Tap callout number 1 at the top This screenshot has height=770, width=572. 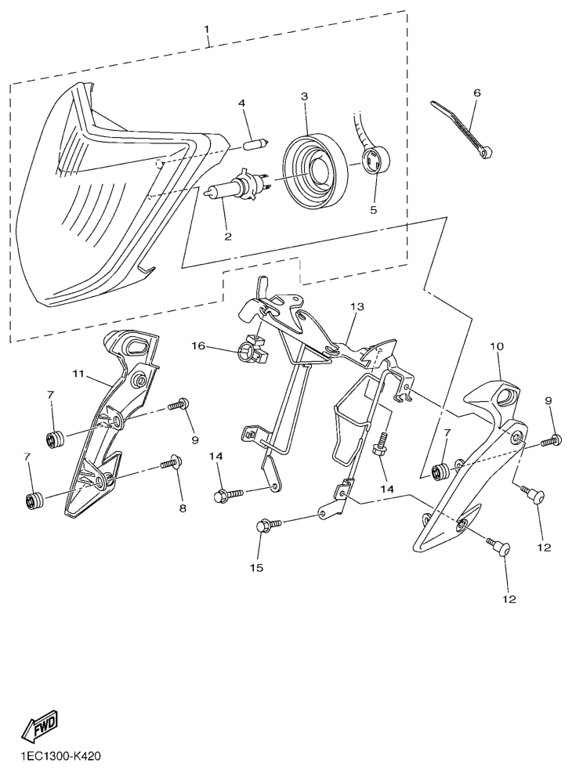[x=207, y=29]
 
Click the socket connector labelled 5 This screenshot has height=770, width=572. [x=375, y=161]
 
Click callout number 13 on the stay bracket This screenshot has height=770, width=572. [x=357, y=307]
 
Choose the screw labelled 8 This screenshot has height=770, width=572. [x=170, y=462]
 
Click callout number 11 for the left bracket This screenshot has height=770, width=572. [x=80, y=374]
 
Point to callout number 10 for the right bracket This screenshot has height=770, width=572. [x=497, y=346]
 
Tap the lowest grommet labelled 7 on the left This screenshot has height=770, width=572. [x=34, y=502]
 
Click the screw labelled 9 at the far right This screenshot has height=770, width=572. [x=551, y=440]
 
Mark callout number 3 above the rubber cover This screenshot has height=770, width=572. [x=305, y=96]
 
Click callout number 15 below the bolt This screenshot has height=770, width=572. [x=256, y=568]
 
